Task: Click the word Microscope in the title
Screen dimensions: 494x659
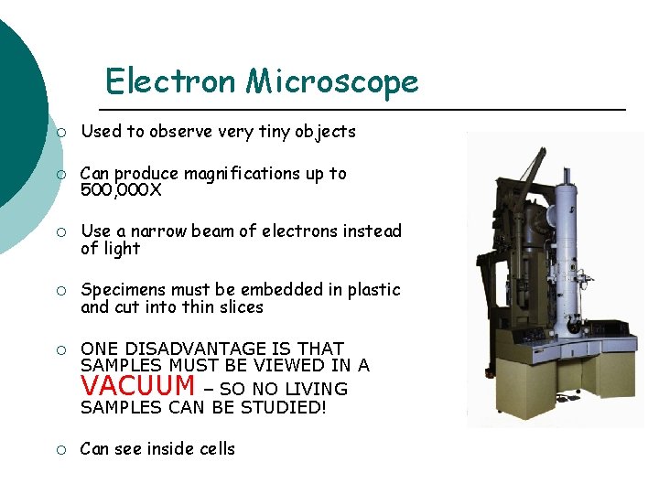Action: (x=331, y=81)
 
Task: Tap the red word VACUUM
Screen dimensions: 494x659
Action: (x=138, y=385)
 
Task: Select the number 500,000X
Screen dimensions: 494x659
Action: (x=123, y=189)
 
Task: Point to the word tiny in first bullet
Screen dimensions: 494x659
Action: (x=273, y=132)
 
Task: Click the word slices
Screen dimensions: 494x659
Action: (x=238, y=307)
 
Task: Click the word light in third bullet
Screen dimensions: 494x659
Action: (x=122, y=249)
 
